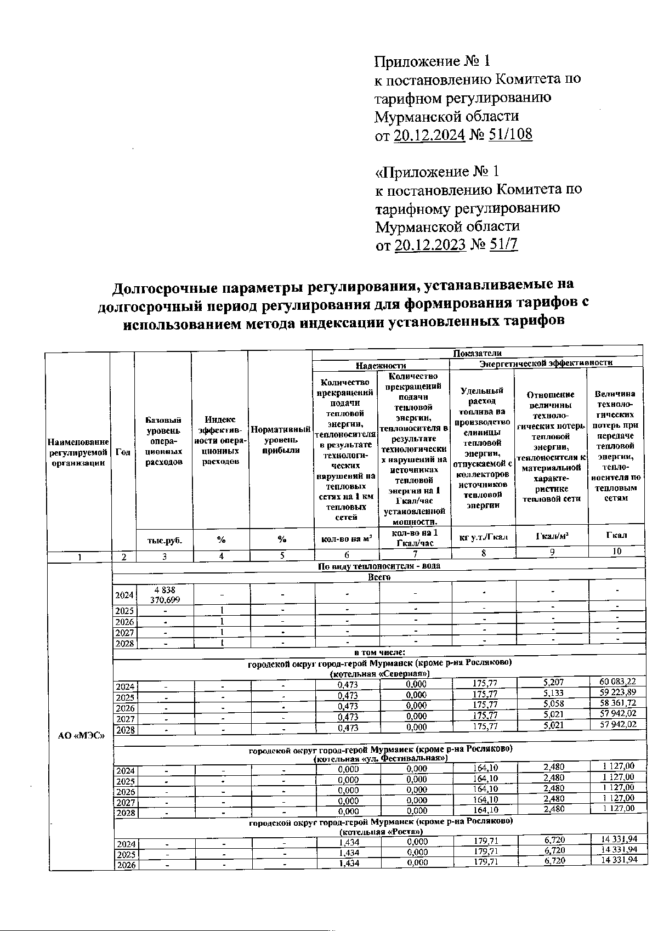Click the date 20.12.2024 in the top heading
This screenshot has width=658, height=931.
click(x=429, y=135)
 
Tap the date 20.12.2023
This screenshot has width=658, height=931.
click(x=430, y=245)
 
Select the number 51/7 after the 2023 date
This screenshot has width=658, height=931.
click(x=503, y=245)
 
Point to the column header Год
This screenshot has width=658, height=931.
click(x=123, y=452)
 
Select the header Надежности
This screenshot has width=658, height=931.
click(x=381, y=364)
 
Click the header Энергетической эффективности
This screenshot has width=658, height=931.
click(x=546, y=362)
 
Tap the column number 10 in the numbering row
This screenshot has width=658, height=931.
click(x=616, y=552)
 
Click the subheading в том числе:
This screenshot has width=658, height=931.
click(x=379, y=652)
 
